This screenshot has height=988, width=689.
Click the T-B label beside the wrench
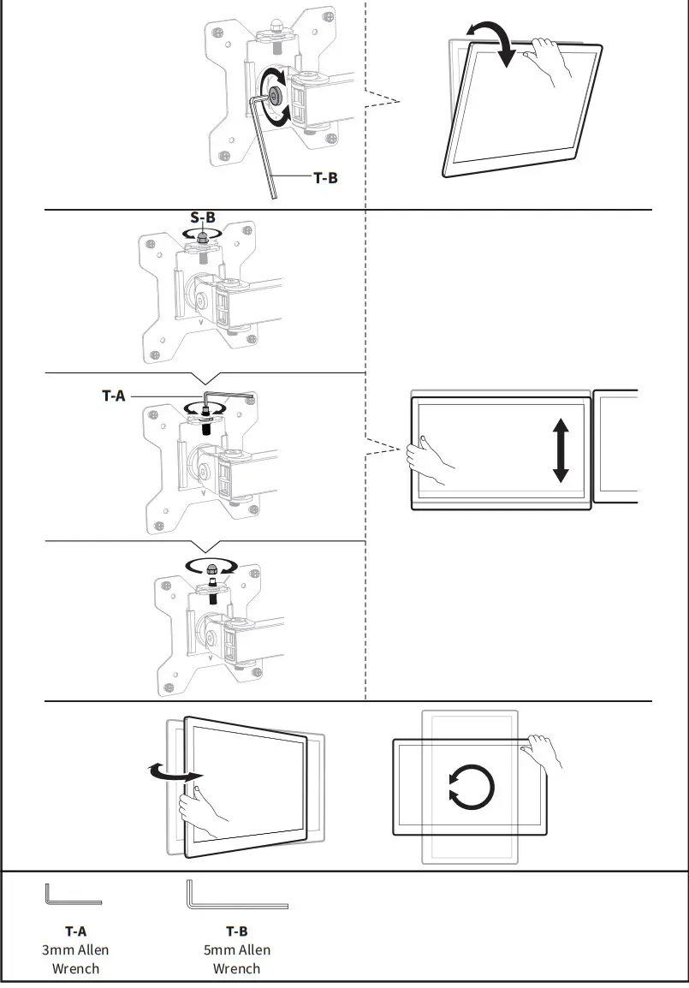[x=325, y=179]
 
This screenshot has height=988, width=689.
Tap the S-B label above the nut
[x=203, y=217]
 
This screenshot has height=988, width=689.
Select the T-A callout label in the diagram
[x=114, y=396]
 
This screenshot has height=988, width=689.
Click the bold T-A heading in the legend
[x=75, y=931]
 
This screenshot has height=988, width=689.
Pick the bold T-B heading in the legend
[x=236, y=931]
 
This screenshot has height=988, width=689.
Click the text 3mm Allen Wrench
[x=75, y=959]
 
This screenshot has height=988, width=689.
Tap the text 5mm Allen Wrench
[x=236, y=959]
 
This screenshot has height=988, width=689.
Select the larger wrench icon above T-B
[x=236, y=895]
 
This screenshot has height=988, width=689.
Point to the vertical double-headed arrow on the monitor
[x=561, y=451]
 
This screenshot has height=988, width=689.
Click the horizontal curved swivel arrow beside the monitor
[x=171, y=774]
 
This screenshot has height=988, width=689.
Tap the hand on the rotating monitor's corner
[x=544, y=751]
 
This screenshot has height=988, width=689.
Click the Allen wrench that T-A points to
[x=224, y=397]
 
